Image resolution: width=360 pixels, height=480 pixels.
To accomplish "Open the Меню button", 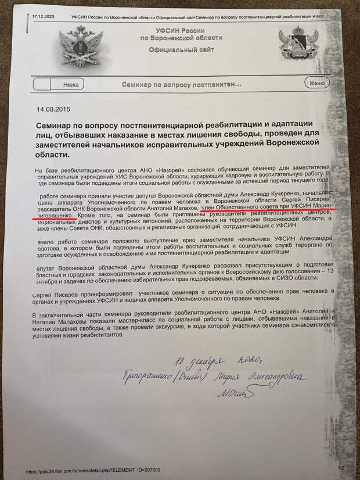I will tap(317, 83).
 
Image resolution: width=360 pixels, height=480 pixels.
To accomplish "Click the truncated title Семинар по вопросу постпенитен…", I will tap(181, 84).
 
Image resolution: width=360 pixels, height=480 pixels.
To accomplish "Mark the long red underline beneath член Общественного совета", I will tap(269, 212).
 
